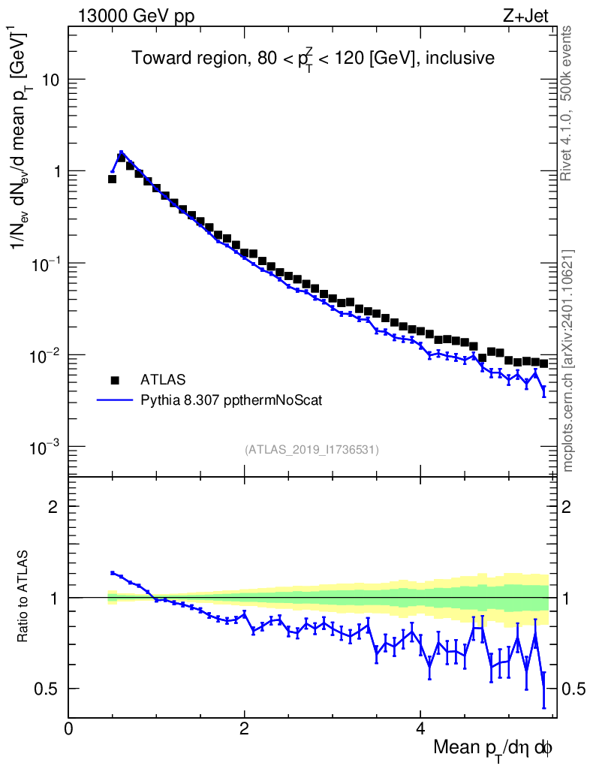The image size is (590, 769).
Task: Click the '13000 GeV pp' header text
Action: click(136, 16)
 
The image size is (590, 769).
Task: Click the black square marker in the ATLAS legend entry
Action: click(115, 379)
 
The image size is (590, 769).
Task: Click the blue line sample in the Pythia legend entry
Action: click(115, 400)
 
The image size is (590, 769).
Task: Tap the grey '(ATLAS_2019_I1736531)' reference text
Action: click(312, 450)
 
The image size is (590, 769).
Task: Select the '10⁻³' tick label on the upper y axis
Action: click(46, 447)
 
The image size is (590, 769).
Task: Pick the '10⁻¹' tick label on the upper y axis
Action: click(46, 263)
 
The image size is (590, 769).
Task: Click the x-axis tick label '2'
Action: click(245, 728)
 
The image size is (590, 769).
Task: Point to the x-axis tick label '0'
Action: click(69, 728)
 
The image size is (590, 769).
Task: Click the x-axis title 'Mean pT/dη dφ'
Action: click(493, 748)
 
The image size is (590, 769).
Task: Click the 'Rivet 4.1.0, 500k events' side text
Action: click(567, 102)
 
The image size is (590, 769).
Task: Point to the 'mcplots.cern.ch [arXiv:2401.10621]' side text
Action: click(568, 360)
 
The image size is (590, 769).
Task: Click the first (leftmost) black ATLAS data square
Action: click(112, 179)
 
